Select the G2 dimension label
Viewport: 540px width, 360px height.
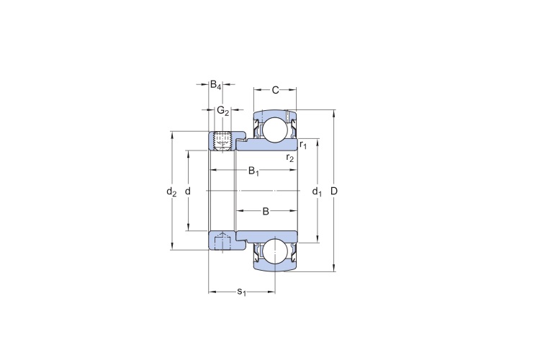click(222, 111)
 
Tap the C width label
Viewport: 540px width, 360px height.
click(275, 90)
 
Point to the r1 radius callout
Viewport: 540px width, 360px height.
click(303, 145)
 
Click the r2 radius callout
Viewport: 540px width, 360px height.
click(290, 158)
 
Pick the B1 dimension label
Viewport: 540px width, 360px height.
click(253, 171)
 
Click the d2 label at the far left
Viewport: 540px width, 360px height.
click(171, 192)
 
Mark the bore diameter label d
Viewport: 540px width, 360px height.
click(188, 192)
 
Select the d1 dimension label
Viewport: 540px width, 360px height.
click(317, 192)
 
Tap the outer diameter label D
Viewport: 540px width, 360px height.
click(334, 192)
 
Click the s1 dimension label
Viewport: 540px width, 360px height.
click(241, 292)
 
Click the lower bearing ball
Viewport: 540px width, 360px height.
click(274, 251)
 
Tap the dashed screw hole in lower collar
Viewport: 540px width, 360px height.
click(223, 240)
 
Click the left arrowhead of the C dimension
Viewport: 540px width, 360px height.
click(256, 90)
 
